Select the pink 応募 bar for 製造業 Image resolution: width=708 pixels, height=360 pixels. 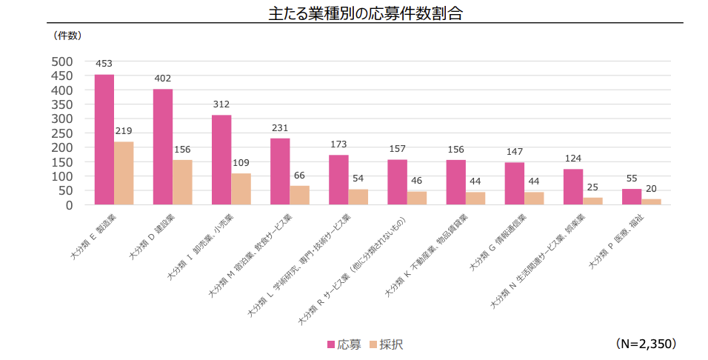(104, 139)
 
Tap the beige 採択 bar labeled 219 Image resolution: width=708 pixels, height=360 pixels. (124, 173)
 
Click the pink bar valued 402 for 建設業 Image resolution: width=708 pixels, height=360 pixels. (163, 147)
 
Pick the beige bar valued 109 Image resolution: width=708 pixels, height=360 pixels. (241, 189)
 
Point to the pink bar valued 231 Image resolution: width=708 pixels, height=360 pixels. (280, 171)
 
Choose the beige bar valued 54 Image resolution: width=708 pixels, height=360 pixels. (358, 196)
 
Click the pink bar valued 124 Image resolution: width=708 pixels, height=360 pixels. (573, 187)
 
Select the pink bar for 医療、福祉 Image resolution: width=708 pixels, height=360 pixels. (632, 196)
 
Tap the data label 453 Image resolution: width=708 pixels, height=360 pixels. (104, 64)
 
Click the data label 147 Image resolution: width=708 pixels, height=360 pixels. (515, 152)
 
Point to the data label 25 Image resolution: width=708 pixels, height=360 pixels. (592, 187)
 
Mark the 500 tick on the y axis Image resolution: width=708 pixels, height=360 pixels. (62, 61)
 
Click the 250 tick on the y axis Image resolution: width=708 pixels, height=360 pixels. (62, 133)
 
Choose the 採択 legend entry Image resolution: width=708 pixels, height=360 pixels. (386, 344)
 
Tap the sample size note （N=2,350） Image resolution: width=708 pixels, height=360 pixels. (646, 344)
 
